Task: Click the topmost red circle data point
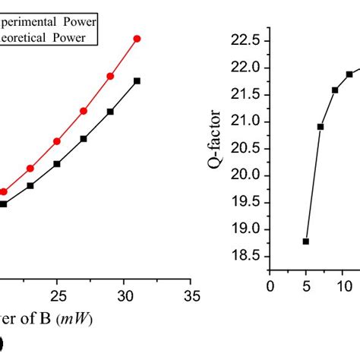(x=137, y=38)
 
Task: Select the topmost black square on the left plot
(x=137, y=81)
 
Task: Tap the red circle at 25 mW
(x=57, y=141)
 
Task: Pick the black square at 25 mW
(x=57, y=164)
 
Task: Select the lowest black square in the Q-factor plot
(x=306, y=242)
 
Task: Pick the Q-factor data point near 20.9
(x=321, y=127)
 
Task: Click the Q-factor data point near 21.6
(x=335, y=90)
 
